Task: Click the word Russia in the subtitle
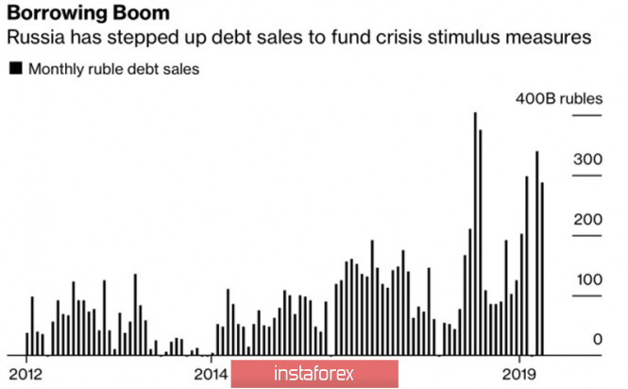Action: [35, 41]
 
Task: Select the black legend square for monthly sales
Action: [15, 69]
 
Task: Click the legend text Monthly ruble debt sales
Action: [113, 69]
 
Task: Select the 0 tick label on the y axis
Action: [597, 339]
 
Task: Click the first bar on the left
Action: [26, 344]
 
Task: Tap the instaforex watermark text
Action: [314, 374]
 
